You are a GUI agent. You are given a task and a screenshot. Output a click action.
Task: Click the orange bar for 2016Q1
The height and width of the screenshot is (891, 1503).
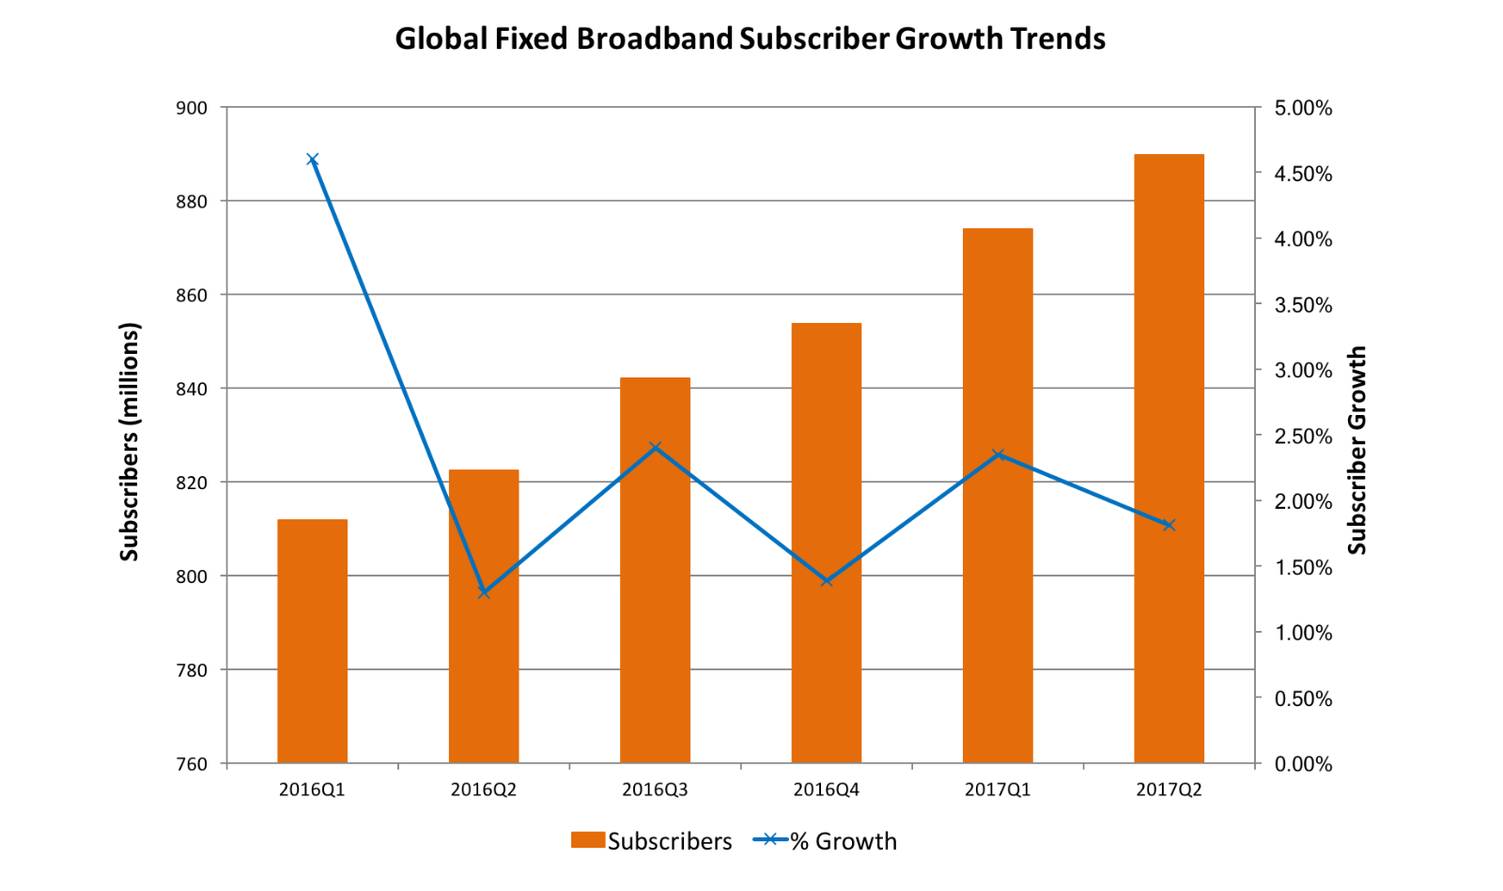pyautogui.click(x=312, y=640)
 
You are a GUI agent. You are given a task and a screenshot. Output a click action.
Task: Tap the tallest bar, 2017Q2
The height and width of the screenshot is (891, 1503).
pyautogui.click(x=1169, y=458)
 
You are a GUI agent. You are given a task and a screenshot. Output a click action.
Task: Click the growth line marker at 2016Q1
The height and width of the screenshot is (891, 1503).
pyautogui.click(x=313, y=160)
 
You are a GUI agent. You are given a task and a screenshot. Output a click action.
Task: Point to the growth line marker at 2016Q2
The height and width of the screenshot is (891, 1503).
pyautogui.click(x=484, y=592)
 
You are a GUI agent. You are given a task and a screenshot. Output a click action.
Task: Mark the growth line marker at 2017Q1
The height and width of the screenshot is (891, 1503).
pyautogui.click(x=999, y=455)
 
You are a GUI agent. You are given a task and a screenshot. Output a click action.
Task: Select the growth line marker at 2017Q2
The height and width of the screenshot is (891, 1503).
pyautogui.click(x=1170, y=525)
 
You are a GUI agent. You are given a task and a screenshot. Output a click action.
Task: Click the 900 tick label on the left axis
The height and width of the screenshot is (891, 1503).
pyautogui.click(x=192, y=108)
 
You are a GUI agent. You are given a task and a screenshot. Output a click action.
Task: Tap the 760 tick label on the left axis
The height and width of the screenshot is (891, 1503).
pyautogui.click(x=192, y=764)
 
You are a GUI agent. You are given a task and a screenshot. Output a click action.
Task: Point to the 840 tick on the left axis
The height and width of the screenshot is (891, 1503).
pyautogui.click(x=192, y=389)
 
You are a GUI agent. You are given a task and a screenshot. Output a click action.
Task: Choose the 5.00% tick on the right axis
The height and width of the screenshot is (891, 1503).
pyautogui.click(x=1303, y=108)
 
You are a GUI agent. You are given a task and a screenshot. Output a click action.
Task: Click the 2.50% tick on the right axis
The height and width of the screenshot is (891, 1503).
pyautogui.click(x=1303, y=436)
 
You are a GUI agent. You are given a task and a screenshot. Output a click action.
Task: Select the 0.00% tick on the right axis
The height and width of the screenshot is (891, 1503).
pyautogui.click(x=1303, y=764)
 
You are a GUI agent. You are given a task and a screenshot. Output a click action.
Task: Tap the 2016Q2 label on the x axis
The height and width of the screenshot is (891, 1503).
pyautogui.click(x=484, y=790)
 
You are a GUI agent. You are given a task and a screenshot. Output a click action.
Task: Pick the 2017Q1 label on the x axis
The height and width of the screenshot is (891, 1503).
pyautogui.click(x=998, y=790)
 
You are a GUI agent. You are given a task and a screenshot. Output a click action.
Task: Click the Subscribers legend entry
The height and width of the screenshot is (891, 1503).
pyautogui.click(x=652, y=841)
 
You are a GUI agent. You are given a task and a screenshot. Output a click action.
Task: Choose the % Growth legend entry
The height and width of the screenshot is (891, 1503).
pyautogui.click(x=826, y=841)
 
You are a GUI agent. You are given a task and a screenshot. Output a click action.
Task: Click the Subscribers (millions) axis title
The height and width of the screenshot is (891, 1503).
pyautogui.click(x=130, y=441)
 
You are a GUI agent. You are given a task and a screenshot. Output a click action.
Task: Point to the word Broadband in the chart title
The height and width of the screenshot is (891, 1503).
pyautogui.click(x=654, y=38)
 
